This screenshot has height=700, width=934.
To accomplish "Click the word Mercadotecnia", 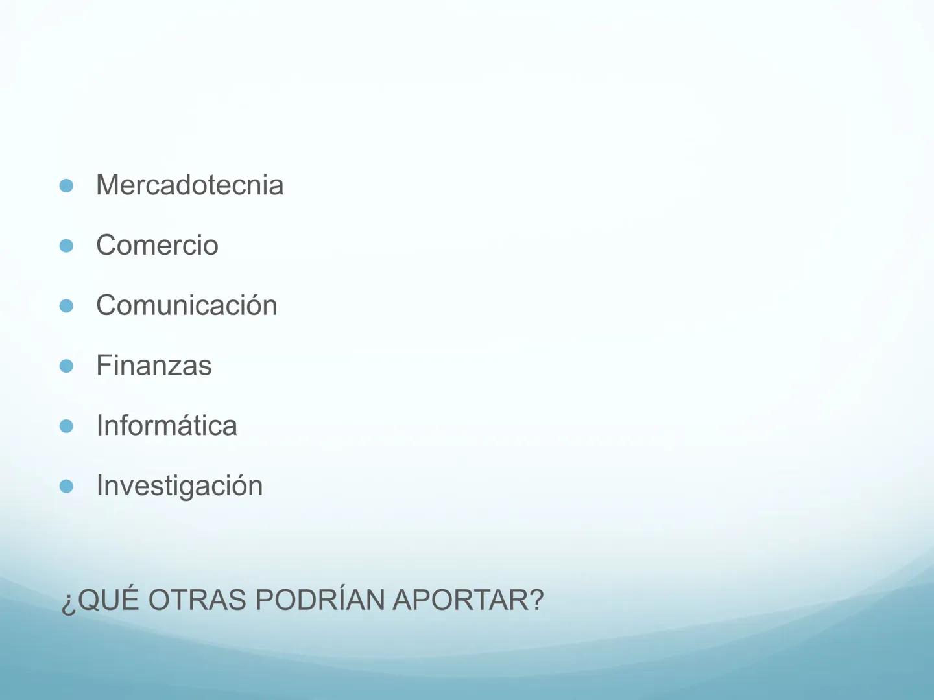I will [x=189, y=185].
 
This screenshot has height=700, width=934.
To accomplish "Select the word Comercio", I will [x=157, y=246].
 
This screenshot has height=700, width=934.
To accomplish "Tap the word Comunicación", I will [x=186, y=305].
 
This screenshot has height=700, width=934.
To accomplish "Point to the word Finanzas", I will [x=154, y=366].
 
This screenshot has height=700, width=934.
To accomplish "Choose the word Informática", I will [x=166, y=426].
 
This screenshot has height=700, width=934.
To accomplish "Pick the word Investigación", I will [x=179, y=486].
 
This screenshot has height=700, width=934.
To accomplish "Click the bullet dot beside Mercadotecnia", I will [x=66, y=186].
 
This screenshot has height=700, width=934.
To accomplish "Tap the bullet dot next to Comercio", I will [x=66, y=246].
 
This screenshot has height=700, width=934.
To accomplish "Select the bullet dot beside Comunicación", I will [x=66, y=306].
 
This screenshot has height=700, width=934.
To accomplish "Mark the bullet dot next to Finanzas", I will [x=66, y=366].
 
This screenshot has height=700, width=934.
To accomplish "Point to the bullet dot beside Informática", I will [x=66, y=426].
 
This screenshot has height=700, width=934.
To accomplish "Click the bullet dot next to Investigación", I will [x=66, y=487].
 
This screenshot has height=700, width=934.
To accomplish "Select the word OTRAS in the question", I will [x=198, y=600].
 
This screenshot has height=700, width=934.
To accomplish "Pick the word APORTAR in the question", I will [x=461, y=600].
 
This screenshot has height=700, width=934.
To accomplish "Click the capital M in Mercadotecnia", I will [x=108, y=185].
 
